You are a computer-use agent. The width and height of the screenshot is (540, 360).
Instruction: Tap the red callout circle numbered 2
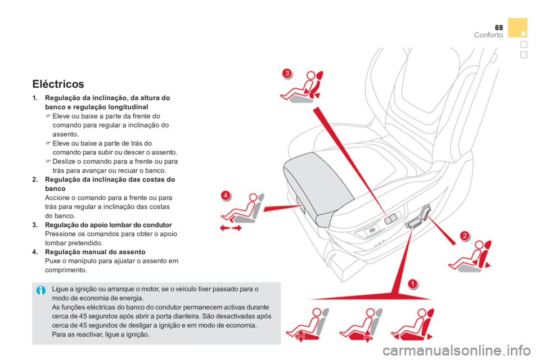point(465,235)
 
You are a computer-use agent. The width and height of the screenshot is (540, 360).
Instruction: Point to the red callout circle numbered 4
point(225,195)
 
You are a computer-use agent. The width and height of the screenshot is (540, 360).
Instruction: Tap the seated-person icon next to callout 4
point(243,209)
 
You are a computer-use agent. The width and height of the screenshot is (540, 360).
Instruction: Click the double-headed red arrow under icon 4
point(231,228)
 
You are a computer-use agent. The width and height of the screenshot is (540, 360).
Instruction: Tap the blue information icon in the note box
point(40,291)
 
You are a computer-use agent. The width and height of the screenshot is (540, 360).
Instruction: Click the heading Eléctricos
point(58,84)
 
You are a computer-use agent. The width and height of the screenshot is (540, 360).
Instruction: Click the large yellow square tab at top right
point(517,27)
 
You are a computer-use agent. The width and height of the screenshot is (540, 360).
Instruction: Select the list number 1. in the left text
point(35,99)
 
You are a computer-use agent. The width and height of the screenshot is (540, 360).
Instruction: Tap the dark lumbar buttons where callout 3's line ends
point(390,217)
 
